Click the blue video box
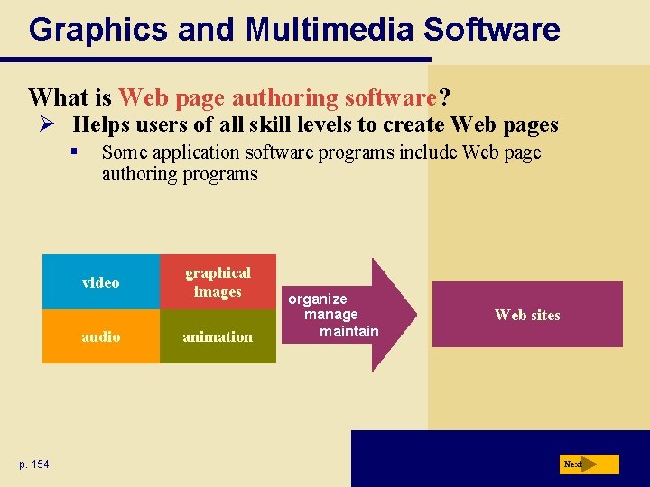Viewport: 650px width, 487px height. click(x=100, y=283)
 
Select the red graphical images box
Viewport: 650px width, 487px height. click(x=218, y=282)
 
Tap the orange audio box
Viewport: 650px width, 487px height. click(x=100, y=336)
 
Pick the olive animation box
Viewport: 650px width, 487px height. click(x=218, y=336)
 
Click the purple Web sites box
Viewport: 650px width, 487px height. click(x=527, y=315)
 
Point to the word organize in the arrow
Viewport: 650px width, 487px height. click(x=318, y=299)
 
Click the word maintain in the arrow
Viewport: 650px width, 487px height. click(x=349, y=331)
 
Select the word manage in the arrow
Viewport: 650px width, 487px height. click(x=330, y=315)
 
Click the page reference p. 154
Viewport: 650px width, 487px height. click(x=34, y=464)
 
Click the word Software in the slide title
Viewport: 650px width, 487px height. click(x=492, y=30)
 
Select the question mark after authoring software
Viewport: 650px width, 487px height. click(x=444, y=96)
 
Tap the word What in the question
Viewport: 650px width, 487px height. click(x=57, y=96)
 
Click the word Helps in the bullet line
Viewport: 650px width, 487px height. click(x=101, y=124)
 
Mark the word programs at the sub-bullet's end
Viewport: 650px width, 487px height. click(x=220, y=174)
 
